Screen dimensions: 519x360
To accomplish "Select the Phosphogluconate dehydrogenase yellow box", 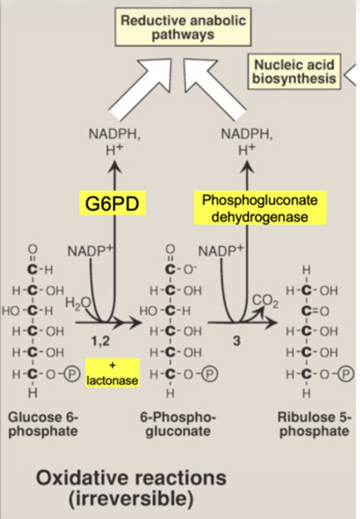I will pyautogui.click(x=260, y=208).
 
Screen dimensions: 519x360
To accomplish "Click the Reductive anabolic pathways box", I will pyautogui.click(x=183, y=27).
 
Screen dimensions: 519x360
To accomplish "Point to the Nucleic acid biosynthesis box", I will pyautogui.click(x=294, y=71).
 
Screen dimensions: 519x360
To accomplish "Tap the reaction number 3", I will pyautogui.click(x=236, y=341).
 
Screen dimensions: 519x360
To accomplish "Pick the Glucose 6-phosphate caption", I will pyautogui.click(x=43, y=424).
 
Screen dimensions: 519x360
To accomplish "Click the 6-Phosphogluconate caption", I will pyautogui.click(x=177, y=424).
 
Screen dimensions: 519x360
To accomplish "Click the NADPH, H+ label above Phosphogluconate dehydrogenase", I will pyautogui.click(x=247, y=141).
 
